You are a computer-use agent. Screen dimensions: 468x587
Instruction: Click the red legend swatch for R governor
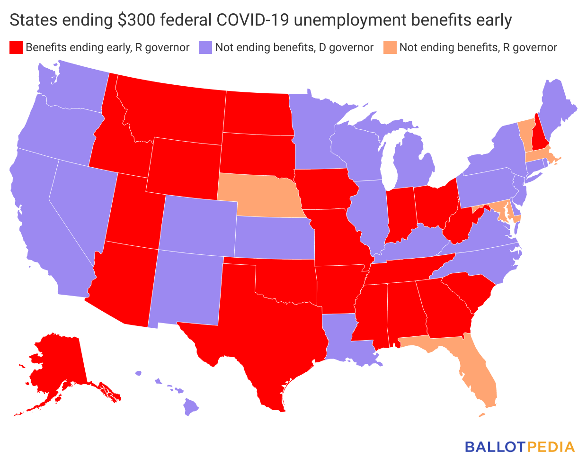16,47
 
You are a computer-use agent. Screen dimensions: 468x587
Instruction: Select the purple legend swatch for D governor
205,47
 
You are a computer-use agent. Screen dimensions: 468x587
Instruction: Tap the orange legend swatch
390,47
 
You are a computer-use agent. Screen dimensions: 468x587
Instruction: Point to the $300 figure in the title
133,20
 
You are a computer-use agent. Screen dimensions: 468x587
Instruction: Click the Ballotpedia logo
519,447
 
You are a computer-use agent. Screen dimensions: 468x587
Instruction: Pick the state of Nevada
80,199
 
